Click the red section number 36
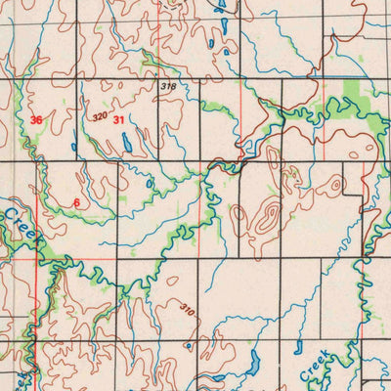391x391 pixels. pos(36,120)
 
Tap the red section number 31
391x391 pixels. pos(118,119)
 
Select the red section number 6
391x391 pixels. pos(76,202)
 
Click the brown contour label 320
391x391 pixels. pos(99,116)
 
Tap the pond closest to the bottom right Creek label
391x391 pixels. pos(298,347)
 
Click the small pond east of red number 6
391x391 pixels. pos(149,183)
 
